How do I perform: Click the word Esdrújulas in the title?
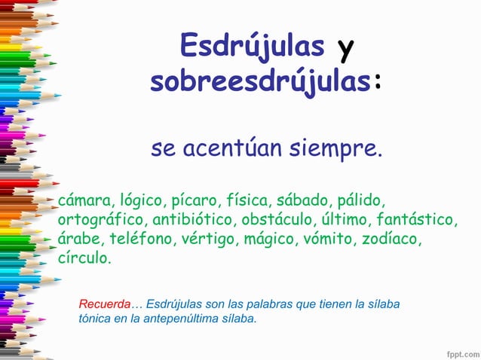click(x=253, y=47)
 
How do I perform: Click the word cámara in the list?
click(x=85, y=201)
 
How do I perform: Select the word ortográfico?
click(x=103, y=221)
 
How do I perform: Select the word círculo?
click(x=84, y=258)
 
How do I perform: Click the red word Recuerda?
click(x=105, y=304)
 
